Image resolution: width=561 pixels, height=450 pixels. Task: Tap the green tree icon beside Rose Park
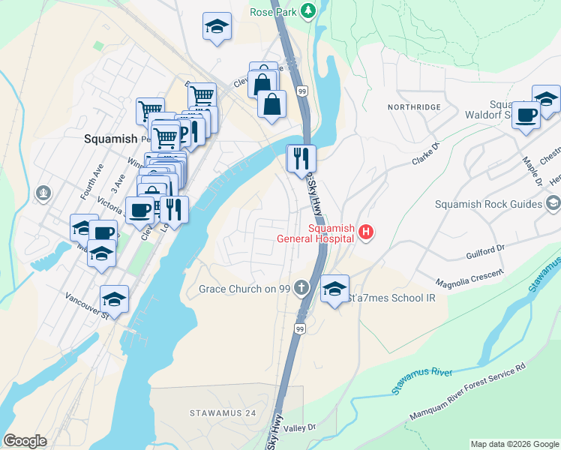307,10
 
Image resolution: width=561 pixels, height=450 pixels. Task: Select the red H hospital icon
365,232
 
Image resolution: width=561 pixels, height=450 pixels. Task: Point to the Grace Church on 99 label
244,289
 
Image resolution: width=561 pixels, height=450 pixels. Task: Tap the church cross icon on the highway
301,287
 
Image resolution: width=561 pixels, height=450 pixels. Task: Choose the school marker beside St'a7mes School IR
334,288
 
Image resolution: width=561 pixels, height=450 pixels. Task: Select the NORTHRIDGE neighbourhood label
414,107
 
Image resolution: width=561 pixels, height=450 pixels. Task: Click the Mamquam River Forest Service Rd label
466,394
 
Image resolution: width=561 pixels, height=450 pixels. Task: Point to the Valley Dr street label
300,427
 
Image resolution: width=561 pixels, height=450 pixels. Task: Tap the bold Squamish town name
110,139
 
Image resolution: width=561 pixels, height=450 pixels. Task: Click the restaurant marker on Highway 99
301,157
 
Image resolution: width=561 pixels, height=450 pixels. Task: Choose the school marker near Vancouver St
114,298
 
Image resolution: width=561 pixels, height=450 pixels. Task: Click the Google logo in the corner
25,441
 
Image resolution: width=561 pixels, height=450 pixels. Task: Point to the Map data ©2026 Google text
514,444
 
